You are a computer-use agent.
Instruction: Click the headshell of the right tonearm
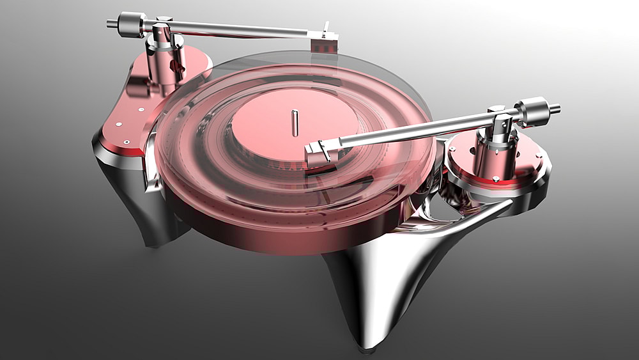[318, 154]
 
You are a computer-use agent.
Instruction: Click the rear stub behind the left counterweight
[111, 24]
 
